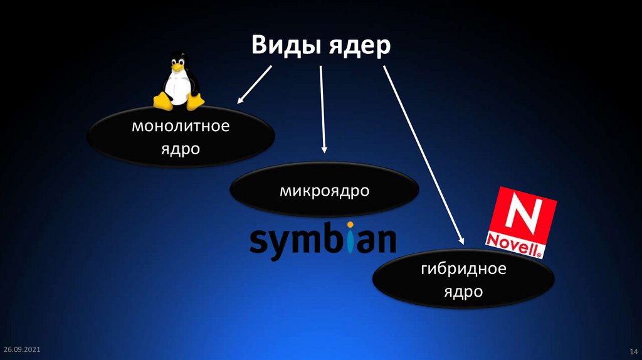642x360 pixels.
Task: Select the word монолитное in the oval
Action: pos(181,127)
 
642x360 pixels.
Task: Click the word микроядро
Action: pos(324,189)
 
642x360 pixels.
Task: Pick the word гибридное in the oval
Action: pos(463,270)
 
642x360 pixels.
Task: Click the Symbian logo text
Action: pos(323,240)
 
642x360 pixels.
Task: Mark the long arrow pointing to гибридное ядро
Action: pos(424,154)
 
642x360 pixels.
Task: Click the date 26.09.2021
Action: pos(22,348)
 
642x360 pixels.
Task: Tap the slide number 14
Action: pos(633,350)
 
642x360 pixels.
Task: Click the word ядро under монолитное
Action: pos(181,149)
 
